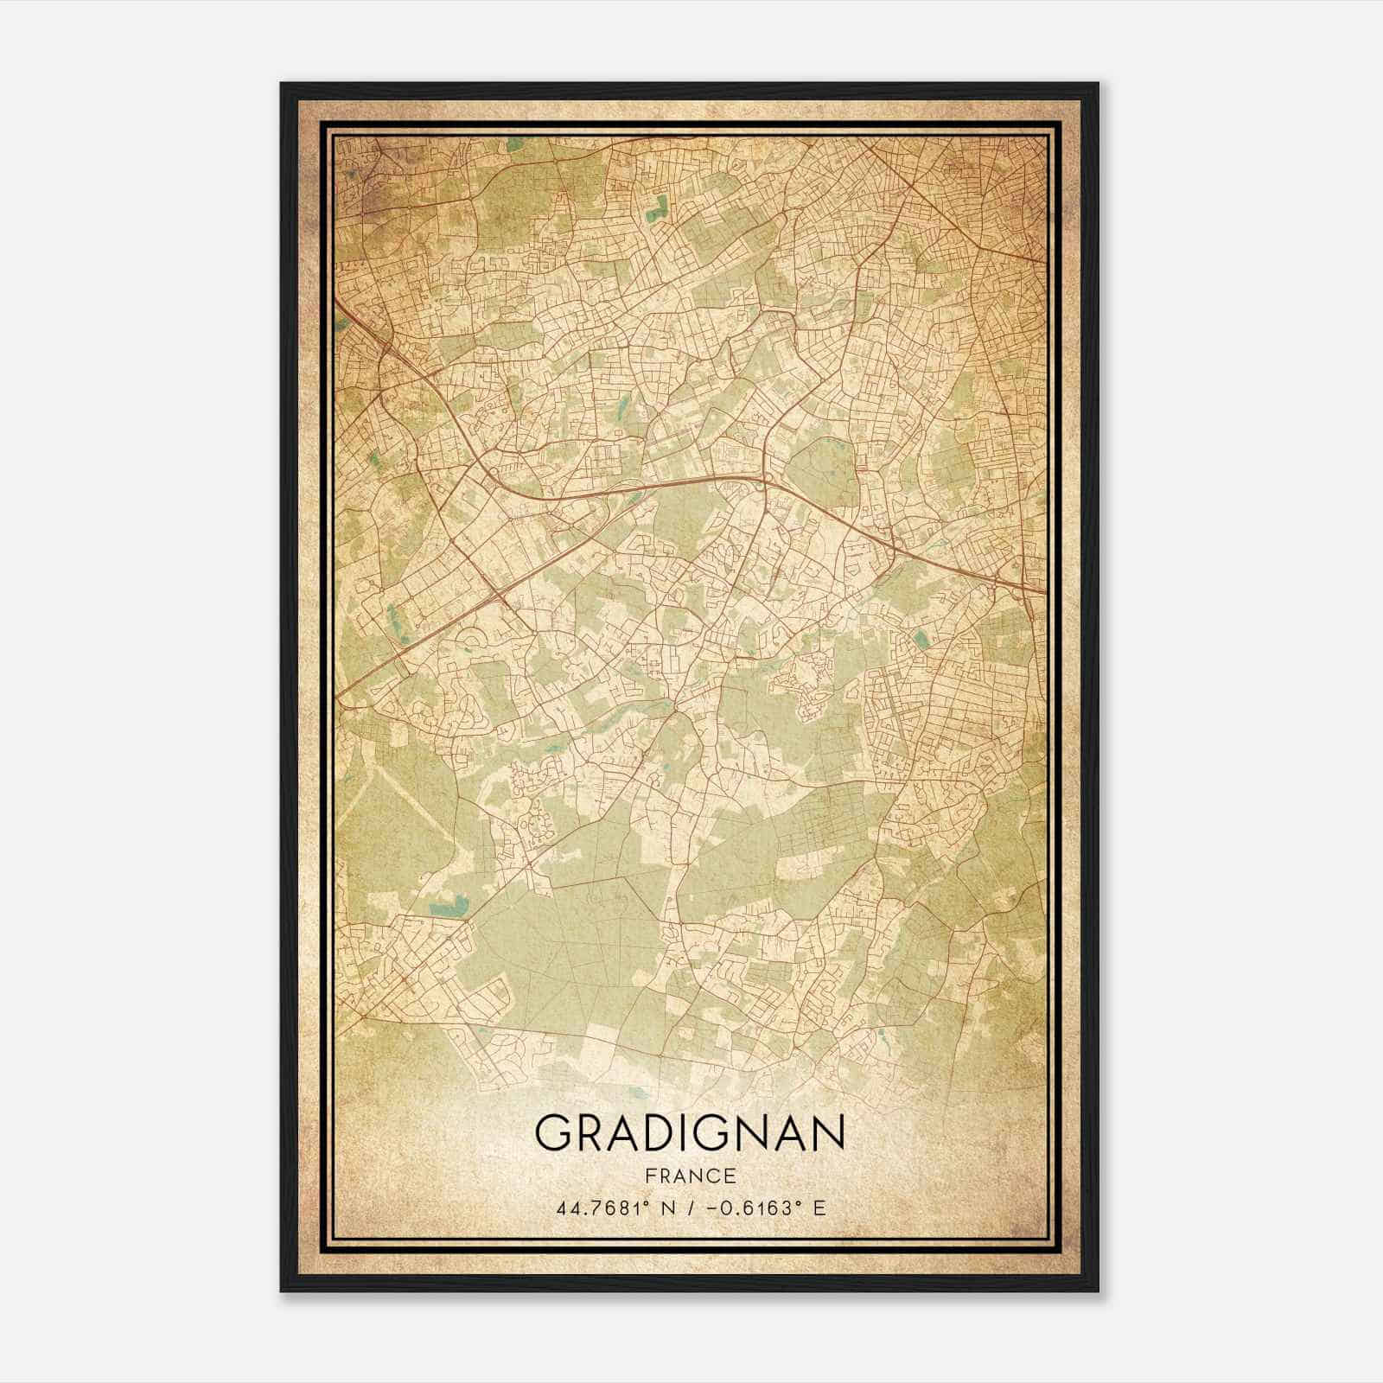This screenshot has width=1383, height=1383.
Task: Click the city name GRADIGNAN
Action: [x=689, y=1132]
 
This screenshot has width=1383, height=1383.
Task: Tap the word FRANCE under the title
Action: [x=690, y=1176]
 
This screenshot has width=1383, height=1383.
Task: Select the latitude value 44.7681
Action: [x=598, y=1208]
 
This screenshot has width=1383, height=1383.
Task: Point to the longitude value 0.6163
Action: [x=748, y=1208]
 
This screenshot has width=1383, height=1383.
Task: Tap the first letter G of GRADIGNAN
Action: [x=554, y=1132]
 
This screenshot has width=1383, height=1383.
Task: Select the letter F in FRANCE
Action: [x=648, y=1176]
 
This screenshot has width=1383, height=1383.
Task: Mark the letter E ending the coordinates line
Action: [x=819, y=1208]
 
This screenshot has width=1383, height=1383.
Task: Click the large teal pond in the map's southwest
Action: [x=448, y=908]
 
